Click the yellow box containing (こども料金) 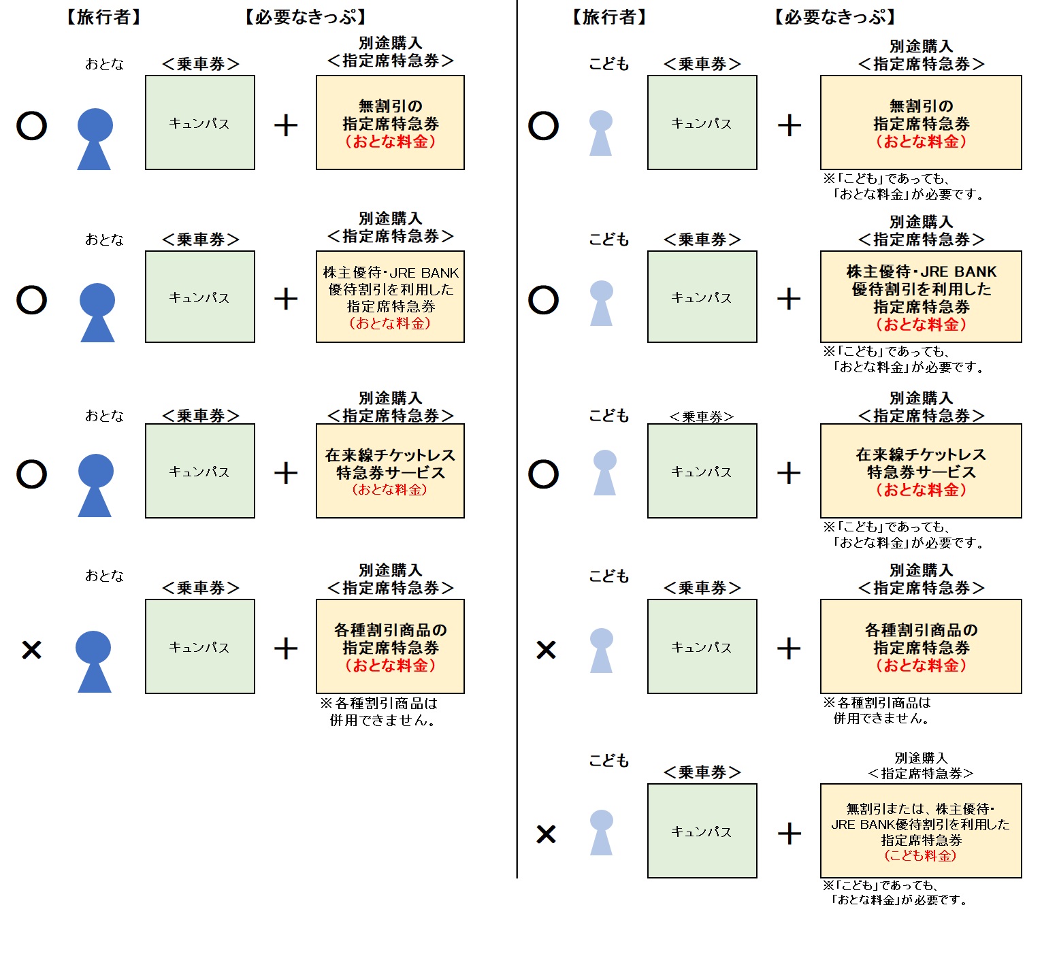click(x=920, y=830)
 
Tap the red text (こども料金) click(x=920, y=856)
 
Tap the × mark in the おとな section click(x=32, y=649)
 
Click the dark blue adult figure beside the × click(x=94, y=661)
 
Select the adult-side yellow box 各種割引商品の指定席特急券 click(x=390, y=646)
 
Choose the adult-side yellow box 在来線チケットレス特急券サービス click(x=390, y=471)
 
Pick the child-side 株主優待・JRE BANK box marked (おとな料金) click(x=920, y=297)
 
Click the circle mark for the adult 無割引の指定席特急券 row click(x=31, y=126)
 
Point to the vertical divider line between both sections click(x=517, y=442)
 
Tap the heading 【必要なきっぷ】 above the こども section click(x=834, y=17)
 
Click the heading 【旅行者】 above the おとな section click(x=104, y=17)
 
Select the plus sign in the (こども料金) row click(x=789, y=833)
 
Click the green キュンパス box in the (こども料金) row click(x=702, y=830)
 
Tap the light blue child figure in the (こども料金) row click(x=601, y=832)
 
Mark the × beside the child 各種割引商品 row click(x=546, y=649)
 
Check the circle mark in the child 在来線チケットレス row click(x=543, y=474)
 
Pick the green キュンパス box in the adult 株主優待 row click(x=199, y=297)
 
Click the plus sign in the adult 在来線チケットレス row click(x=286, y=473)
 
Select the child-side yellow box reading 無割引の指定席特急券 click(x=920, y=122)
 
